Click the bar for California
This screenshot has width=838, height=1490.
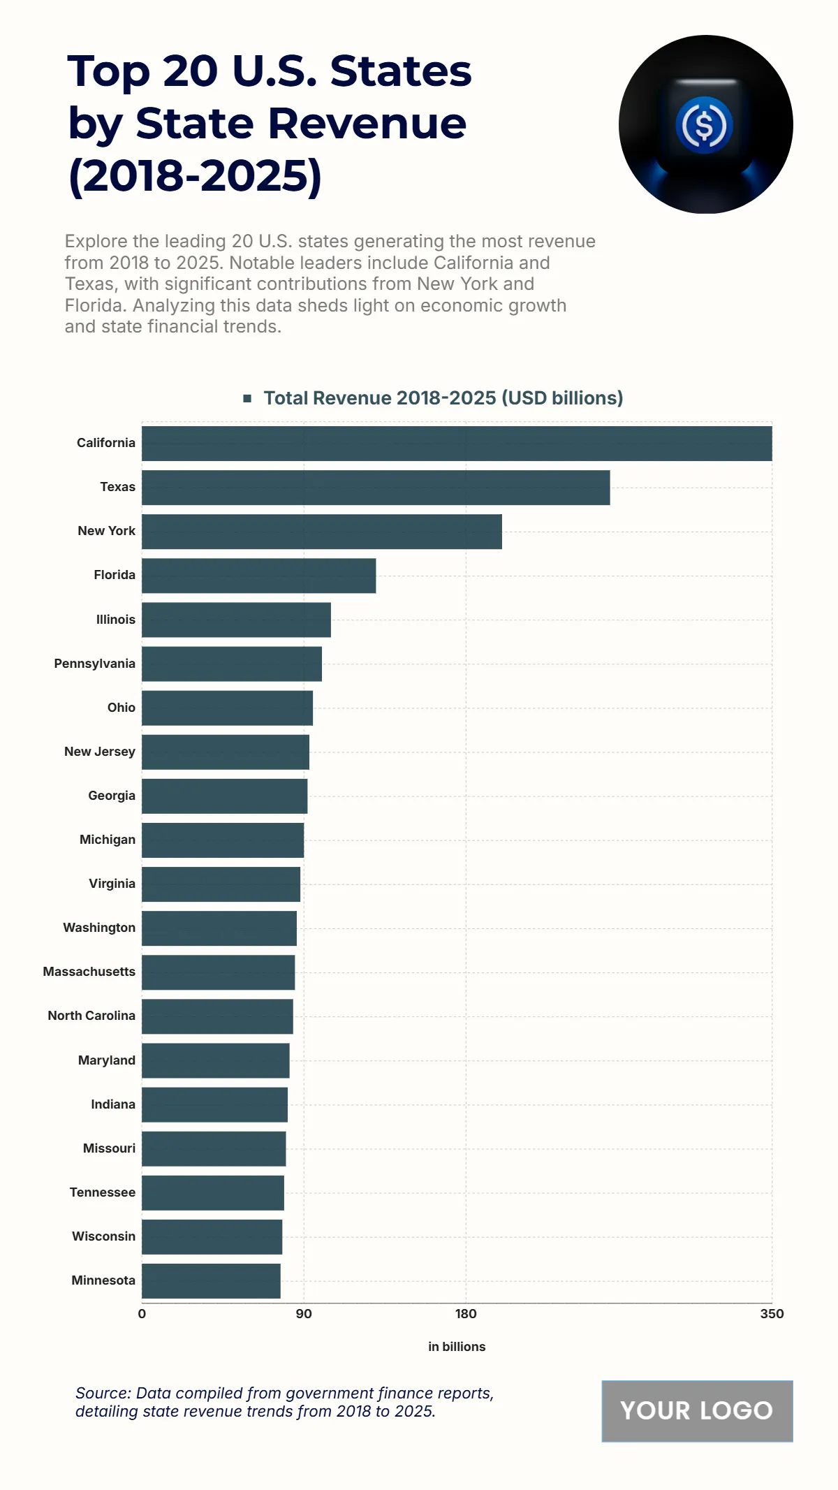coord(457,444)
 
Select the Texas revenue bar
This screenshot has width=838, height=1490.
coord(376,488)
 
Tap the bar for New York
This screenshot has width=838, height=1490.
coord(321,532)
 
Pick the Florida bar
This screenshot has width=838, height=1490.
coord(258,576)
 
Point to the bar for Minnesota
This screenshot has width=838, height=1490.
coord(211,1281)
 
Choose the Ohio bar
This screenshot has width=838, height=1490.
coord(227,708)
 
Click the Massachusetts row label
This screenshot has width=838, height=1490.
coord(89,972)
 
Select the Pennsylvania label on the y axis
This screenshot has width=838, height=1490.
coord(95,664)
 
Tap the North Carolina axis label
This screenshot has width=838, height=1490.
coord(91,1016)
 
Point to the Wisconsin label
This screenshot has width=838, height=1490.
coord(103,1236)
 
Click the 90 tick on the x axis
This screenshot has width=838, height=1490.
coord(304,1314)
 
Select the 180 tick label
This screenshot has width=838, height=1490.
coord(466,1314)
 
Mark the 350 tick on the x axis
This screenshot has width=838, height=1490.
coord(772,1314)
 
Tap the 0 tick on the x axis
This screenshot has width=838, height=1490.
coord(142,1314)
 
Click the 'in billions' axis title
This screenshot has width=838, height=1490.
coord(457,1347)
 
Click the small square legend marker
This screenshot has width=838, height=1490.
coord(247,398)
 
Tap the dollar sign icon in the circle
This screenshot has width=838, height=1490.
coord(705,125)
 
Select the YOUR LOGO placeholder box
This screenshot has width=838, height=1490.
coord(697,1410)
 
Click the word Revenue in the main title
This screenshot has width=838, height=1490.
coord(367,124)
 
